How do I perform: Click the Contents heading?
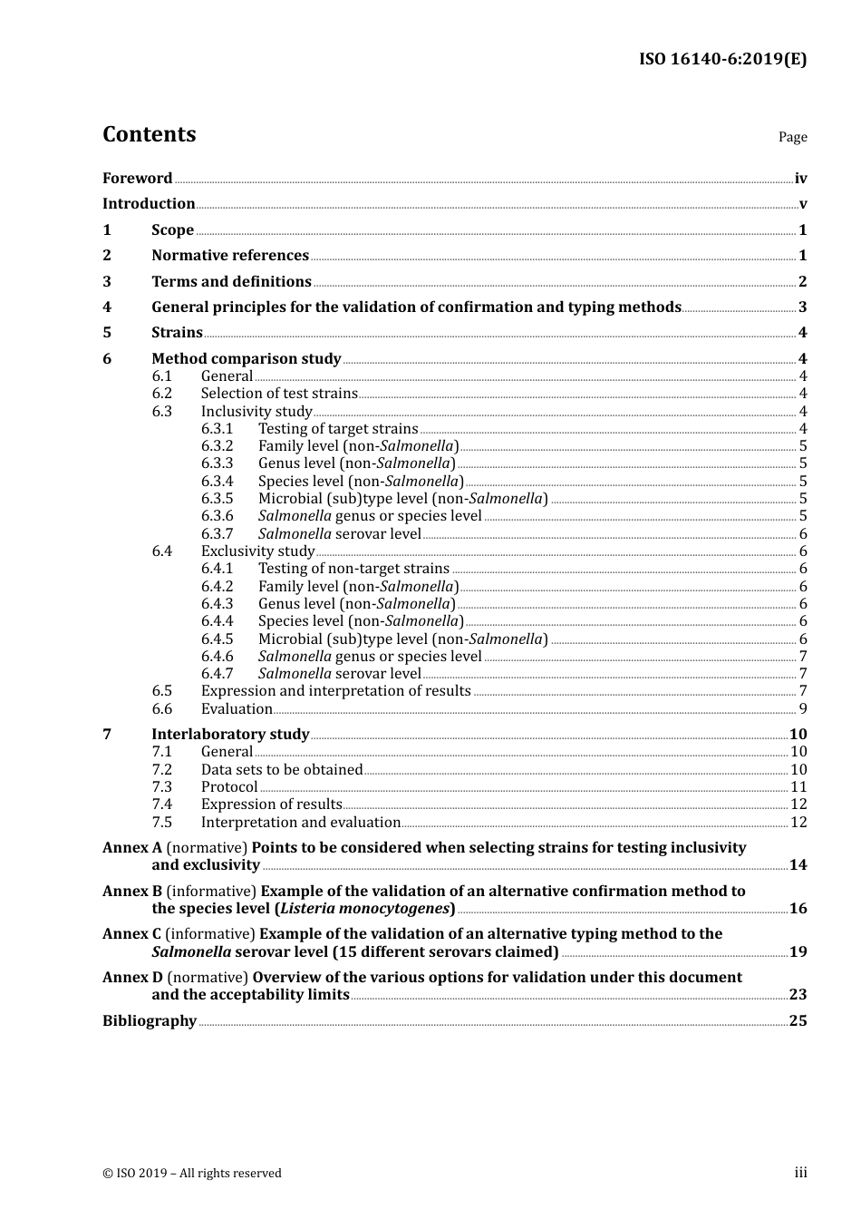click(x=149, y=134)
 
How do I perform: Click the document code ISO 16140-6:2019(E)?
click(x=722, y=59)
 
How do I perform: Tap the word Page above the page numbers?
click(x=792, y=137)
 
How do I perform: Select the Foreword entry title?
click(x=137, y=179)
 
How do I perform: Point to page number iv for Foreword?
click(x=800, y=179)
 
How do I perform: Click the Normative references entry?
click(x=230, y=256)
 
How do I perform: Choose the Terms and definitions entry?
click(x=231, y=282)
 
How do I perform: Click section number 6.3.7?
click(x=217, y=534)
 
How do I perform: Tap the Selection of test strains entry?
click(x=279, y=394)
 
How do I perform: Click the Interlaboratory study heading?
click(x=230, y=735)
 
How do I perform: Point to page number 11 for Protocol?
click(x=798, y=787)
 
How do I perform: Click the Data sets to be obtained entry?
click(x=282, y=770)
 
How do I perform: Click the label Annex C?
click(x=131, y=934)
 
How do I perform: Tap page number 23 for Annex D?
click(x=798, y=995)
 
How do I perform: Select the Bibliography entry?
click(x=150, y=1021)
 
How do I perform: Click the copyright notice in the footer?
click(x=192, y=1174)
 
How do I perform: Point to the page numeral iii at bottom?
click(x=800, y=1173)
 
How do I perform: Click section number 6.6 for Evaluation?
click(x=161, y=709)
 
